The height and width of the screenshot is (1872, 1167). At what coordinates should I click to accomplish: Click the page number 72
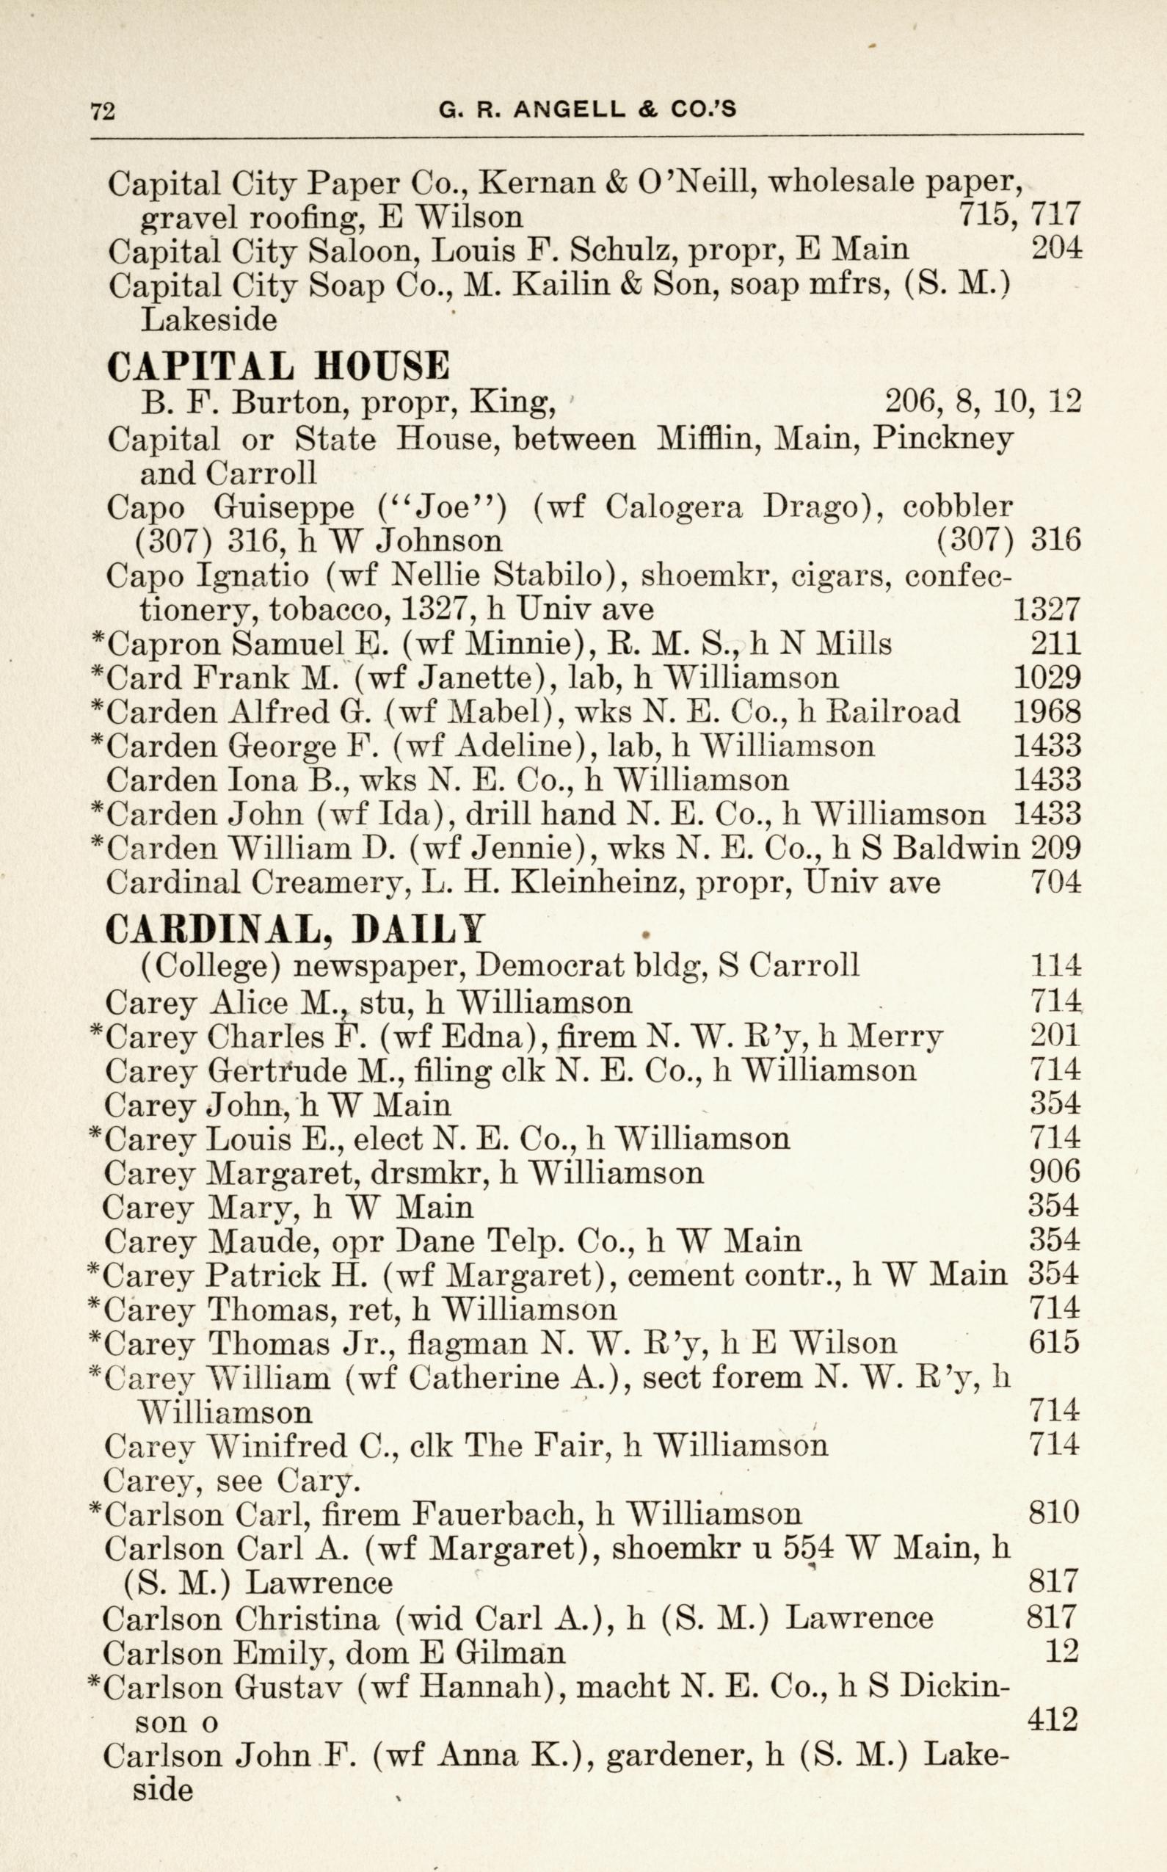(x=103, y=111)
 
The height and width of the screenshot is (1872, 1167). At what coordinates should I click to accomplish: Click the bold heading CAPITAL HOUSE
(x=278, y=366)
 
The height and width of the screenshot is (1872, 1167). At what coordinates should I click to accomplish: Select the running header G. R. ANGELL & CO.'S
(x=587, y=110)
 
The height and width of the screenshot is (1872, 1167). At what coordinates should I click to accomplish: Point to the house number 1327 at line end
(x=1046, y=610)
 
